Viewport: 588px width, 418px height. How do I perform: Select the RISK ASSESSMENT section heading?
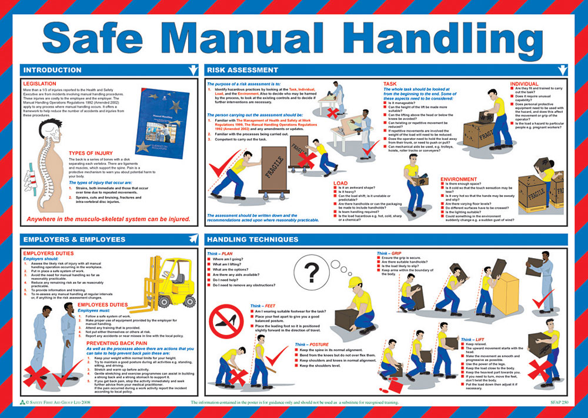[x=242, y=70]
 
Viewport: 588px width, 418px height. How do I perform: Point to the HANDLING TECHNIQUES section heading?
[x=253, y=239]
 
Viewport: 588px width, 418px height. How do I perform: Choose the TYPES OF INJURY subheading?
[x=92, y=153]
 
